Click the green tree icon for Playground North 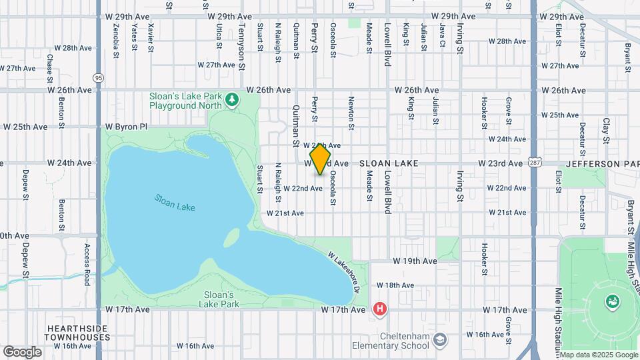(231, 100)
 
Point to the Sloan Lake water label (175, 202)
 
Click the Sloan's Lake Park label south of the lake (217, 299)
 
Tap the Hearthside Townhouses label (79, 333)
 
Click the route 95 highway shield (99, 78)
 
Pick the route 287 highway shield (535, 162)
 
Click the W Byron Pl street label (125, 126)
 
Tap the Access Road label (87, 265)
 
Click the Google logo (22, 351)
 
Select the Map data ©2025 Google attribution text (597, 355)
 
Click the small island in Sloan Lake (231, 237)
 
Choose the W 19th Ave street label (415, 261)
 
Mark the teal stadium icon (611, 302)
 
